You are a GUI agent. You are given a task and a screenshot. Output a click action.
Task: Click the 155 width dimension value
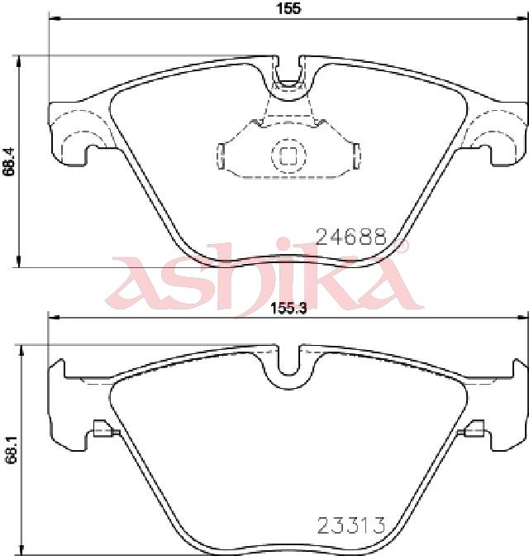(x=288, y=8)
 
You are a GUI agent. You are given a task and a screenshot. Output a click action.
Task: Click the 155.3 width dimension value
(x=288, y=308)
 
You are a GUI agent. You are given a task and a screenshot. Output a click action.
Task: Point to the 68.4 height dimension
(x=9, y=161)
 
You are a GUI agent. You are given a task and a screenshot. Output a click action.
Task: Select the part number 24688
(x=350, y=237)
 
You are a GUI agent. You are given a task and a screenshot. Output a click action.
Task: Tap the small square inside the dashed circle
(x=288, y=156)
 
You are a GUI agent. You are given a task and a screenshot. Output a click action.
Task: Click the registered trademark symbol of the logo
(x=401, y=244)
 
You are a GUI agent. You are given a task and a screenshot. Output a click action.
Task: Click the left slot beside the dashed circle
(x=221, y=156)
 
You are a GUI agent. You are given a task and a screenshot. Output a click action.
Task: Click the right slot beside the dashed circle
(x=357, y=156)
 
